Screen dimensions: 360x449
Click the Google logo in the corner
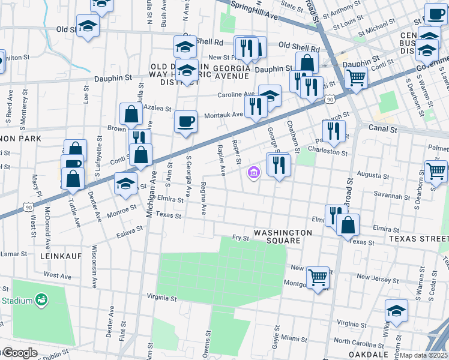[19, 353]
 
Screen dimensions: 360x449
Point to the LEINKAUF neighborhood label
[60, 255]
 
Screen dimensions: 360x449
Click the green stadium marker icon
[41, 298]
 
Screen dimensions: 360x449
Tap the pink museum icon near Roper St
[253, 173]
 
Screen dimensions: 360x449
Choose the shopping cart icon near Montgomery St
[318, 277]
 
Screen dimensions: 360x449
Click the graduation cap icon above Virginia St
[396, 310]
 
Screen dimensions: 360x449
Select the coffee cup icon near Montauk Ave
[185, 121]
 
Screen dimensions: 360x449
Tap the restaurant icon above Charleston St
[334, 130]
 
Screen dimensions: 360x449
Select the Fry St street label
[241, 238]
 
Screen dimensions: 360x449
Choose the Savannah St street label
[385, 196]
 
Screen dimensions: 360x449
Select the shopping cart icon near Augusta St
[436, 170]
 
